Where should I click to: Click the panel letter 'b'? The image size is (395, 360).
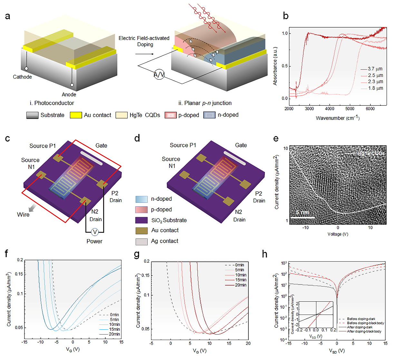point(286,16)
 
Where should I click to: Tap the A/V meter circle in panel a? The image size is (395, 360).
point(159,75)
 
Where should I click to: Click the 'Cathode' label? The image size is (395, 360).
point(22,77)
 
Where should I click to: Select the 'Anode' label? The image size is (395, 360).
point(69,94)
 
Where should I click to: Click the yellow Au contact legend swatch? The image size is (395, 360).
point(76,115)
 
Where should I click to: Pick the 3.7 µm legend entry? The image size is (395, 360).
point(375,69)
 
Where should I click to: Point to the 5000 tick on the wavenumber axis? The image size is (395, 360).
point(350,109)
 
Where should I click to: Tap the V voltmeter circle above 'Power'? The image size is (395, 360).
point(94,232)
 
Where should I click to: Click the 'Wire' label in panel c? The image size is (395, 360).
point(23,215)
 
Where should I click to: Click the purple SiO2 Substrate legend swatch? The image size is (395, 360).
point(141,220)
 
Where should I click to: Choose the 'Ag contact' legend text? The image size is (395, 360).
point(165,241)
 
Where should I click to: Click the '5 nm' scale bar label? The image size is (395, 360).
point(303,212)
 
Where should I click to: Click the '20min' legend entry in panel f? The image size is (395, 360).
point(114,334)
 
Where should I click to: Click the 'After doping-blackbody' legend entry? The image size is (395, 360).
point(364,331)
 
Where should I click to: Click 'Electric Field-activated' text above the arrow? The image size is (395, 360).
point(144,38)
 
